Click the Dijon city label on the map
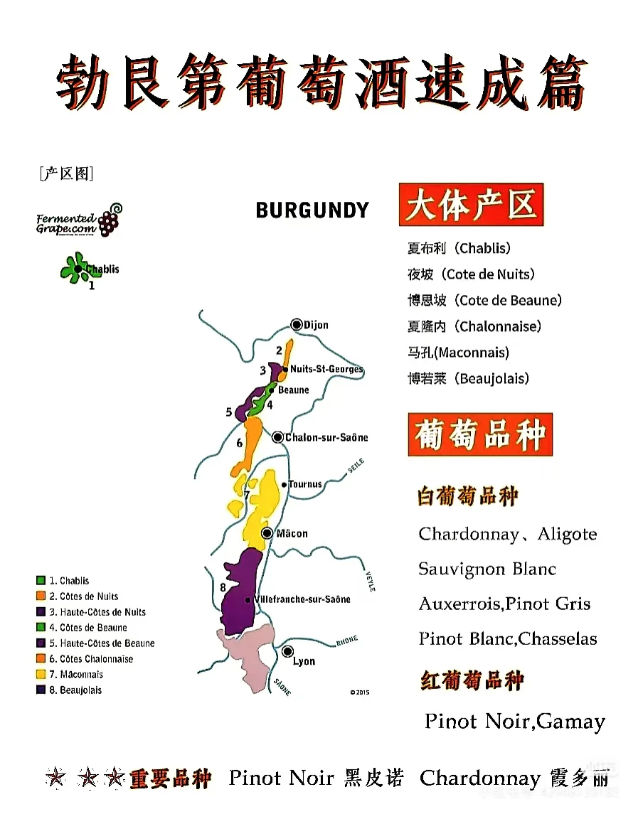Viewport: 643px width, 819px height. pyautogui.click(x=316, y=325)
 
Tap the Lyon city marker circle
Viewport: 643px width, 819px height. pyautogui.click(x=287, y=651)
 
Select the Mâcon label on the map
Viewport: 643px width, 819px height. pyautogui.click(x=292, y=533)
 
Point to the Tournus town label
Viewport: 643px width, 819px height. pyautogui.click(x=305, y=484)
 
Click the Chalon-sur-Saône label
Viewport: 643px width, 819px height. pyautogui.click(x=326, y=437)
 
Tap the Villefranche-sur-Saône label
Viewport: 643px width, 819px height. pyautogui.click(x=302, y=599)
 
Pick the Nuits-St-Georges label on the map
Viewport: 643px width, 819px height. pyautogui.click(x=326, y=370)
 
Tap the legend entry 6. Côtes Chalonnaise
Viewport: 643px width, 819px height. pyautogui.click(x=96, y=658)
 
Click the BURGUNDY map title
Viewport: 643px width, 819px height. pyautogui.click(x=312, y=210)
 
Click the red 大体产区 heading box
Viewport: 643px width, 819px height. pyautogui.click(x=470, y=205)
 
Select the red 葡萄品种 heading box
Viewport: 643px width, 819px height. pyautogui.click(x=480, y=434)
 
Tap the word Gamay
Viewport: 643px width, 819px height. pyautogui.click(x=571, y=722)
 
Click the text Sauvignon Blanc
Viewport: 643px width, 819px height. pyautogui.click(x=487, y=569)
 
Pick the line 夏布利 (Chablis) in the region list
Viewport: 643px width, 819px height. pyautogui.click(x=459, y=248)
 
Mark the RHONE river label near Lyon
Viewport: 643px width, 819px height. pyautogui.click(x=346, y=641)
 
